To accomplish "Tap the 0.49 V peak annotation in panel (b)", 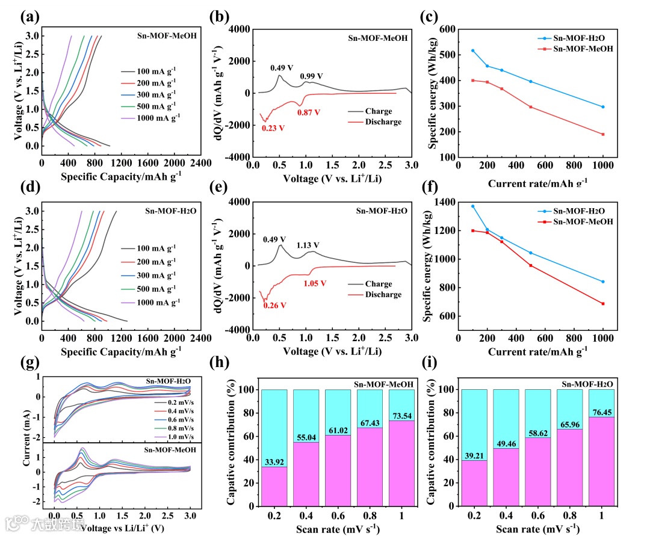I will tap(281, 68).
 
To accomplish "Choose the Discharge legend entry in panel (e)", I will tap(383, 295).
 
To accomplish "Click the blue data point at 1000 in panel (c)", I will tap(602, 107).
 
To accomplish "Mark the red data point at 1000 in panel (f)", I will tap(602, 304).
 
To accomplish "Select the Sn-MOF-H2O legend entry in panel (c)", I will tap(579, 39).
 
